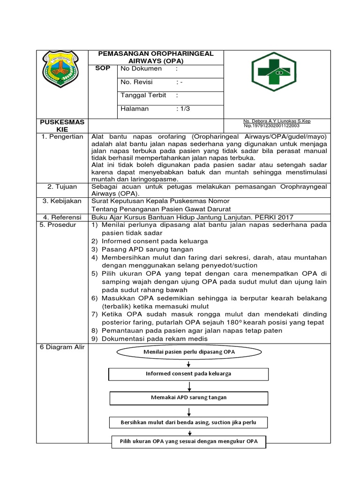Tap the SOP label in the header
coord(103,68)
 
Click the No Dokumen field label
coord(141,69)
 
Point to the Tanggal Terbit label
coord(143,95)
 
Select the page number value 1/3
coord(184,109)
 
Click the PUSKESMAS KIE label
coord(62,125)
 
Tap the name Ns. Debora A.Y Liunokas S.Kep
coord(277,121)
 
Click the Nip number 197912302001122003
coord(272,126)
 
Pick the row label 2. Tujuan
coord(62,187)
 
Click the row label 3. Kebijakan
coord(62,201)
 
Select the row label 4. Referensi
coord(62,217)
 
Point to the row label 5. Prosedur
coord(59,225)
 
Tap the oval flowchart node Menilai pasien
coord(189,352)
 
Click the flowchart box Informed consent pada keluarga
coord(188,374)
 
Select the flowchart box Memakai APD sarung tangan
coord(189,397)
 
